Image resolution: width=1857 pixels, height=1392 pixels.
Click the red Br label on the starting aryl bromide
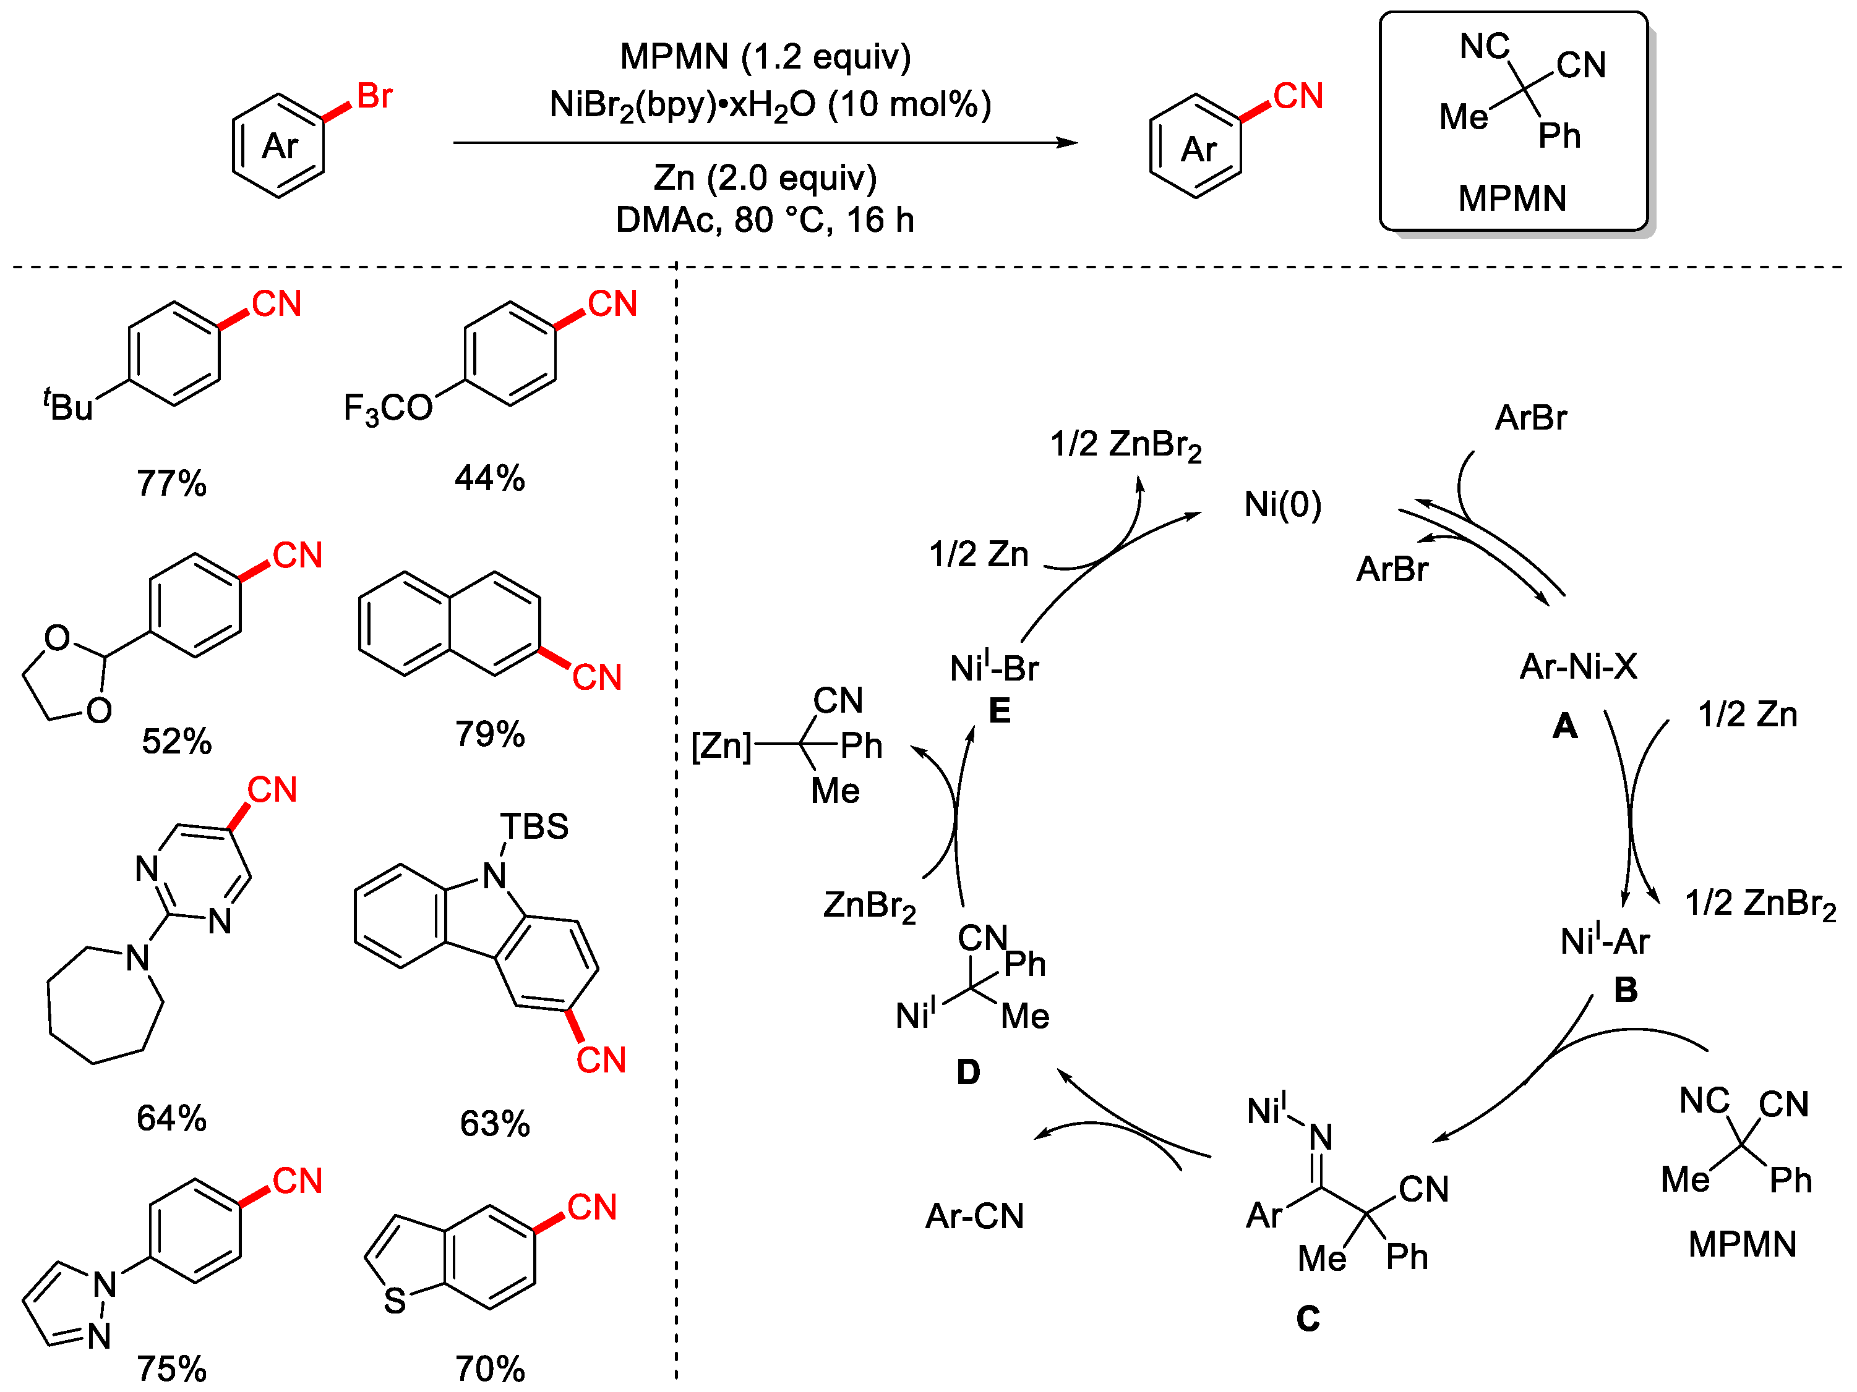pyautogui.click(x=374, y=96)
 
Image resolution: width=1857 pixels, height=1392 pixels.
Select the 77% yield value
pyautogui.click(x=171, y=483)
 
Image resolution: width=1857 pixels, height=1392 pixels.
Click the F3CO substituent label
pyautogui.click(x=388, y=409)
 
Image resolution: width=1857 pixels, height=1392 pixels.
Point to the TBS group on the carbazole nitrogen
pyautogui.click(x=534, y=826)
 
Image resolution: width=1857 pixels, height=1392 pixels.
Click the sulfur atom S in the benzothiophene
pyautogui.click(x=395, y=1301)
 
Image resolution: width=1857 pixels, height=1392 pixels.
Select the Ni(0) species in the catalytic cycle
pyautogui.click(x=1282, y=504)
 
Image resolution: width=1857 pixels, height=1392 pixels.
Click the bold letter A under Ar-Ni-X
pyautogui.click(x=1564, y=726)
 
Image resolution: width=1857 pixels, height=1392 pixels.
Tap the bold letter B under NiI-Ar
pyautogui.click(x=1625, y=990)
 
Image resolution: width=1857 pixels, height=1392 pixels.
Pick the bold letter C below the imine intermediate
pyautogui.click(x=1307, y=1319)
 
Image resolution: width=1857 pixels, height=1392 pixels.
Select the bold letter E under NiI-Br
pyautogui.click(x=999, y=711)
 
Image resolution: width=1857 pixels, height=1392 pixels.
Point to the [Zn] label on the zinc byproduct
pyautogui.click(x=720, y=745)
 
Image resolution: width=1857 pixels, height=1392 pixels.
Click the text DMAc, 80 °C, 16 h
pyautogui.click(x=764, y=220)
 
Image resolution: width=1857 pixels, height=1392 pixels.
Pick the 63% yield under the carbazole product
pyautogui.click(x=494, y=1124)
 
